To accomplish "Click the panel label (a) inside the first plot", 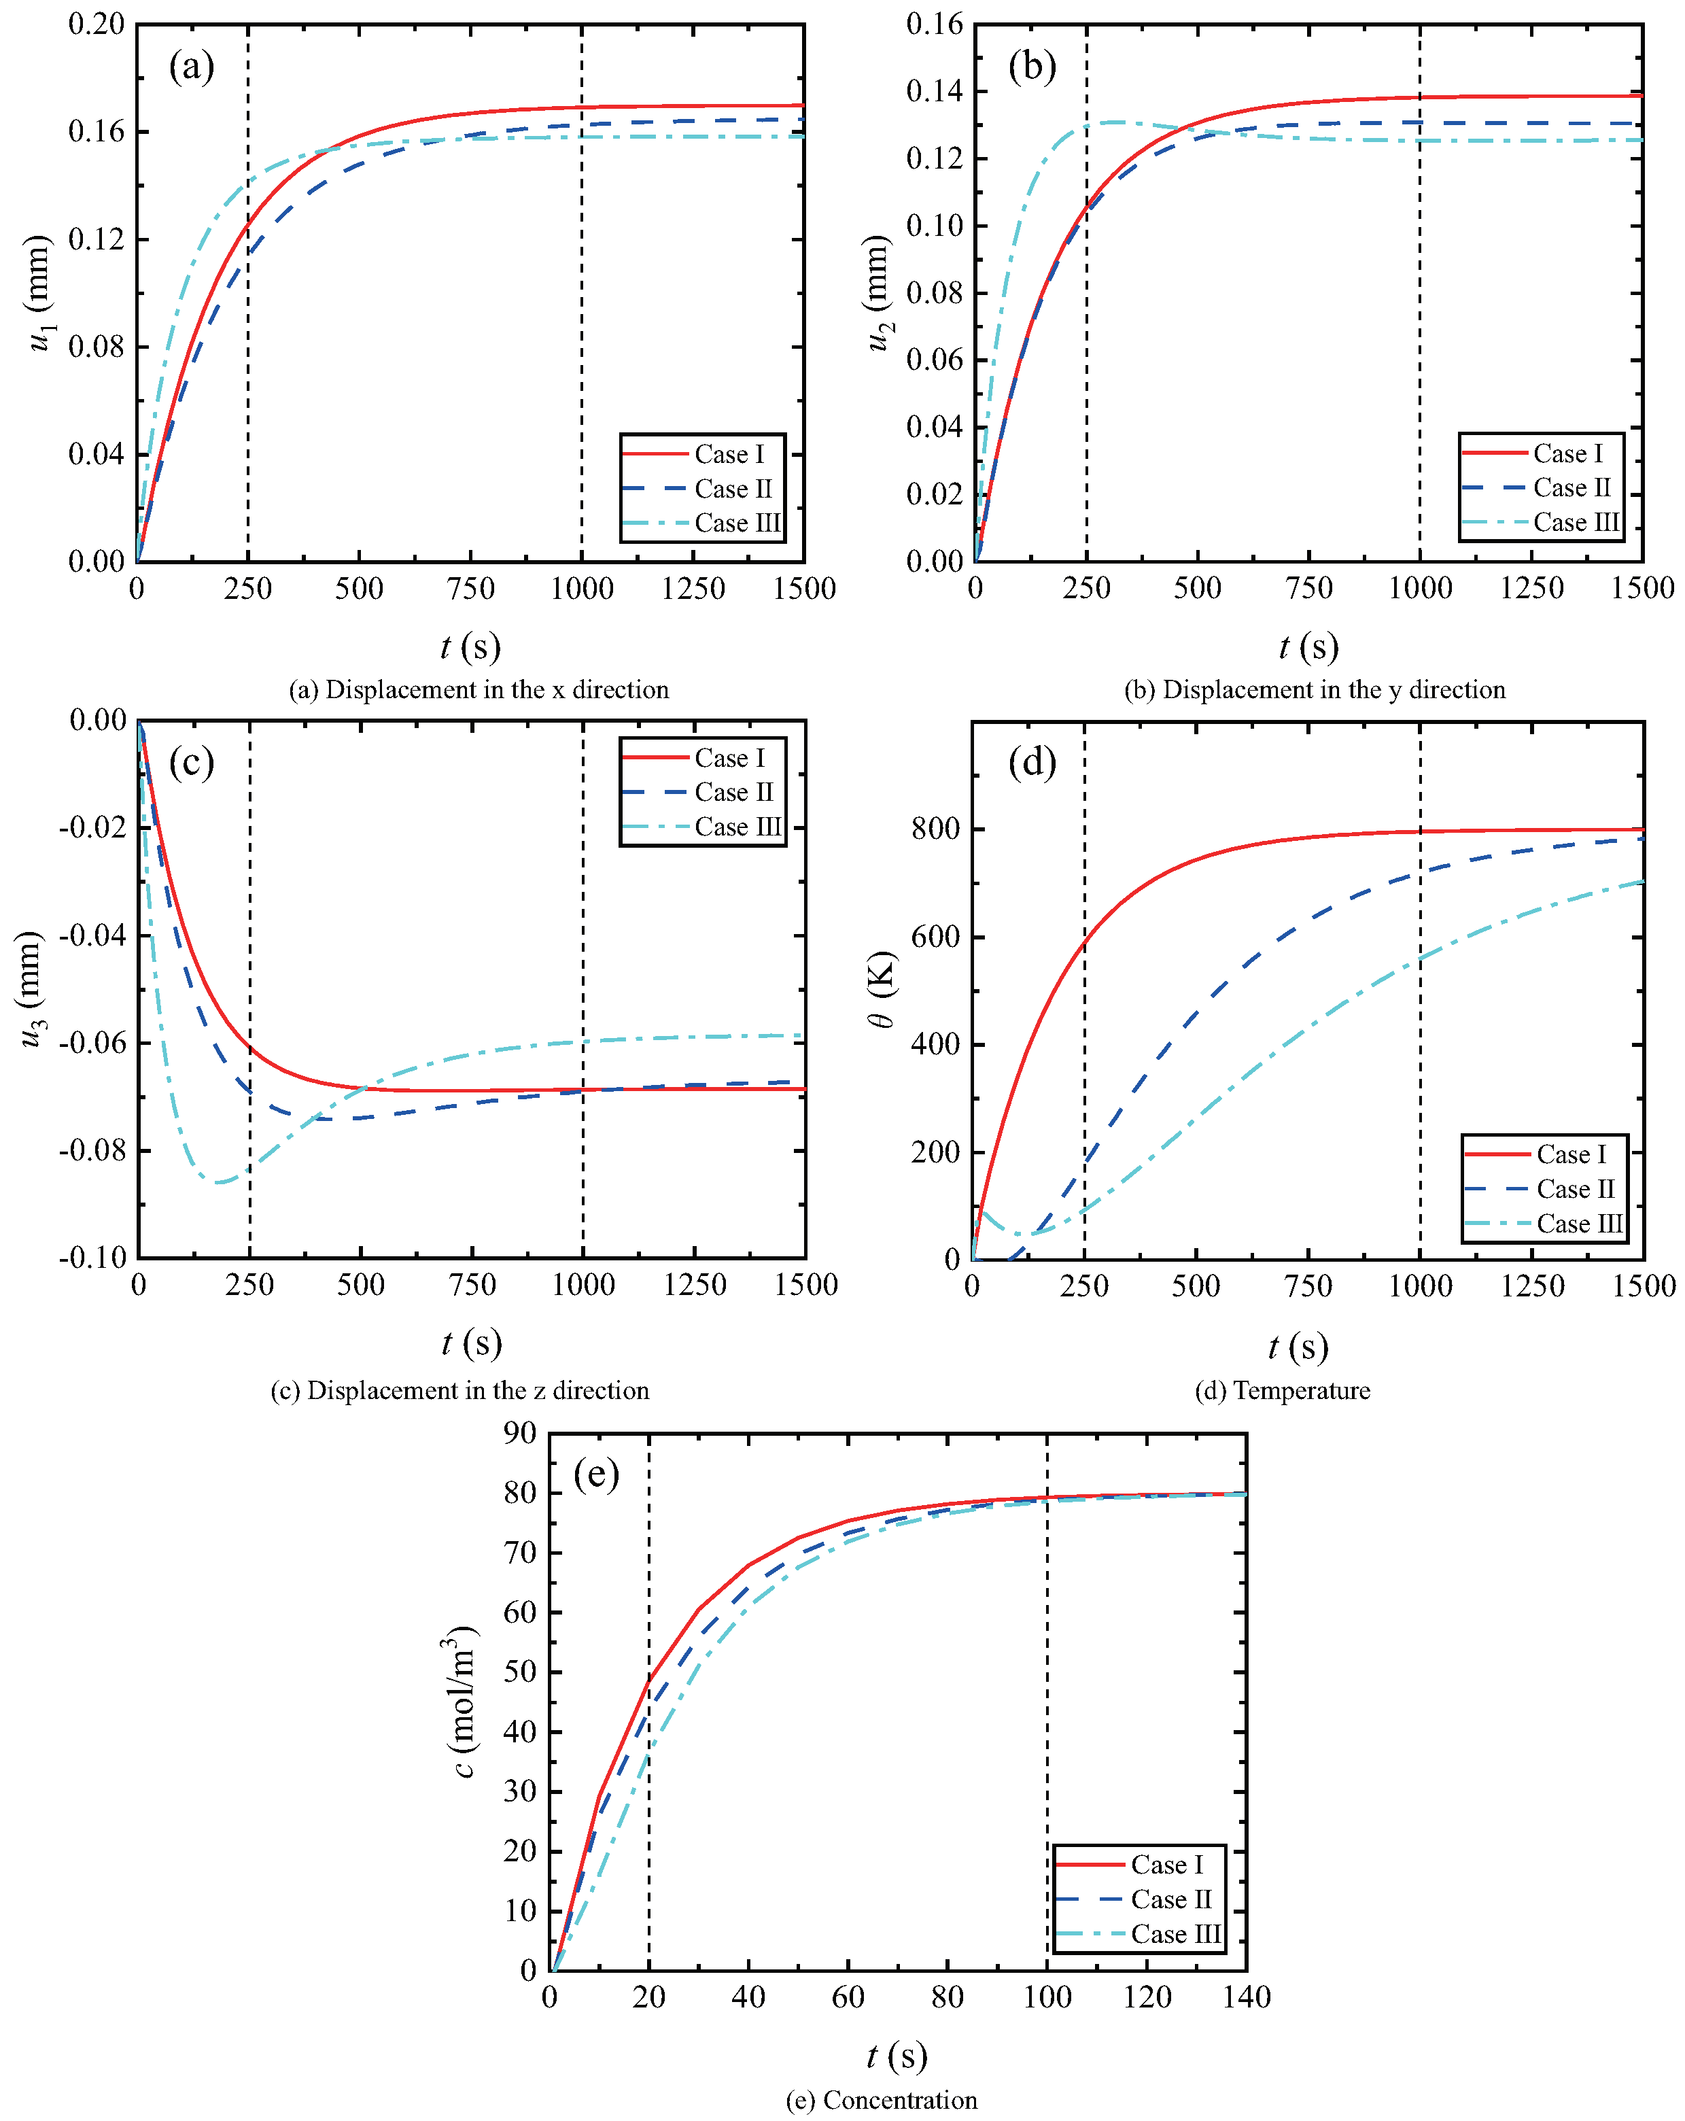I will pyautogui.click(x=191, y=67).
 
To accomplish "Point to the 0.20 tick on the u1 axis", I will pyautogui.click(x=97, y=24).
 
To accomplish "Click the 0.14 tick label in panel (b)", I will pyautogui.click(x=935, y=92).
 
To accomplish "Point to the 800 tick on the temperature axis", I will pyautogui.click(x=935, y=828).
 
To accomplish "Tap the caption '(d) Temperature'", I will pyautogui.click(x=1282, y=1390).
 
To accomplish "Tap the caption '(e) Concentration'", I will pyautogui.click(x=882, y=2099).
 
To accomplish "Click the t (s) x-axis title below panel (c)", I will pyautogui.click(x=471, y=1342).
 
